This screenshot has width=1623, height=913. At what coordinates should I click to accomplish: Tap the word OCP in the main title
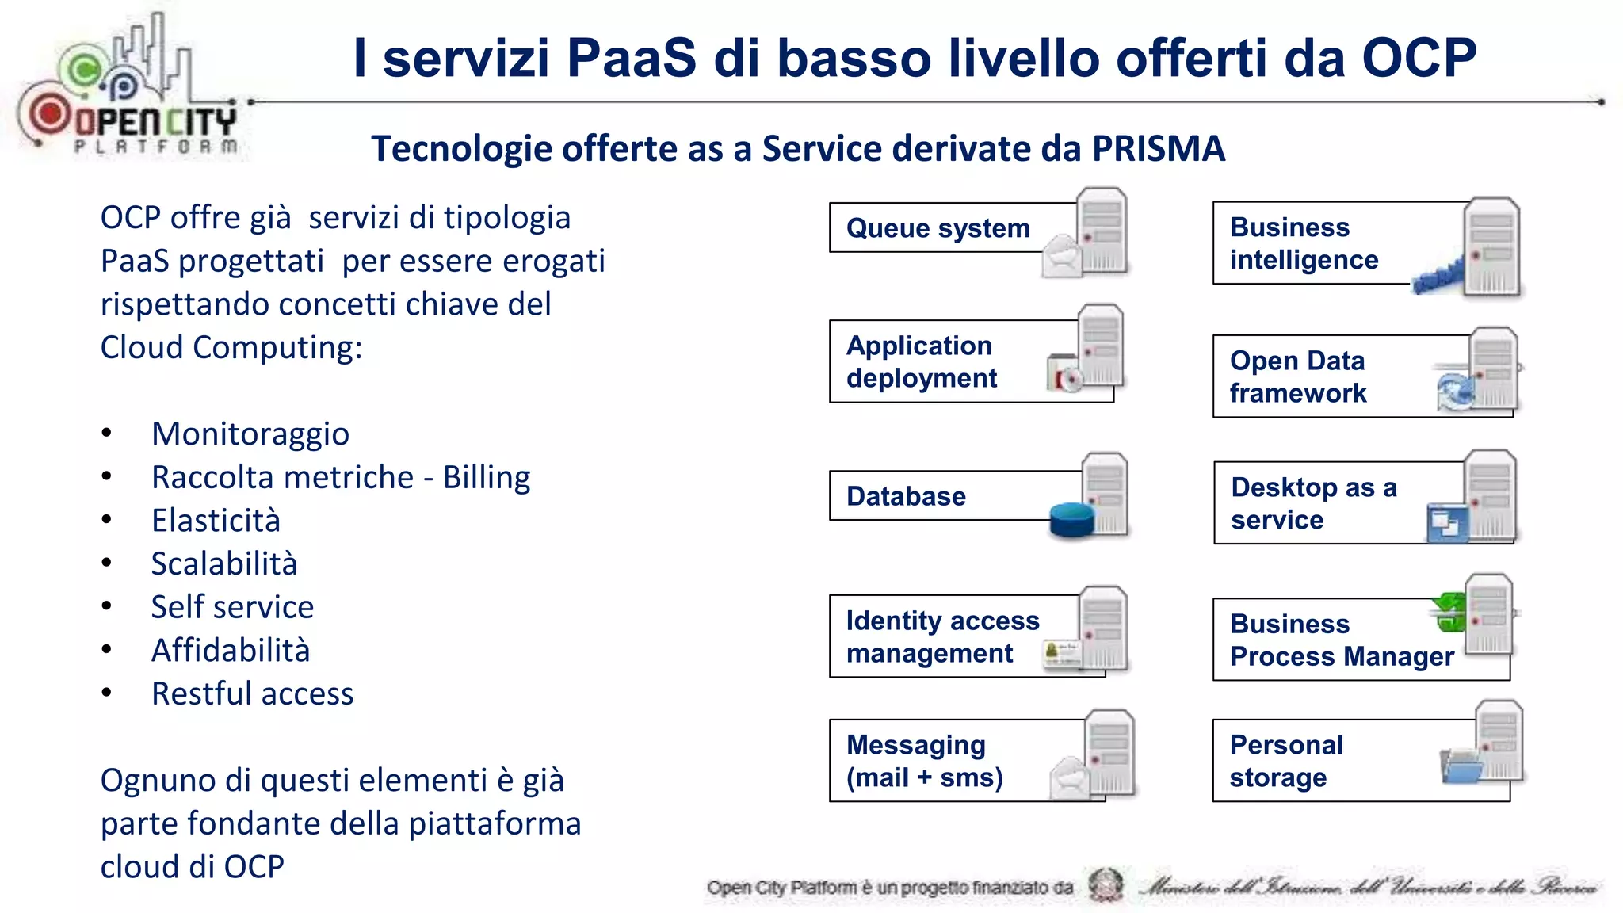click(x=1418, y=59)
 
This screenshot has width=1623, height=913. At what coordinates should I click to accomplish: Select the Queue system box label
click(x=938, y=228)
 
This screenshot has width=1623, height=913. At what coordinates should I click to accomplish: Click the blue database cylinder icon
click(x=1071, y=520)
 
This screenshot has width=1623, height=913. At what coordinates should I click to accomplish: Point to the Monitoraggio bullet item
click(x=250, y=434)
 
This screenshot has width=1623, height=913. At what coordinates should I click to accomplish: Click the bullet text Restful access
click(x=252, y=693)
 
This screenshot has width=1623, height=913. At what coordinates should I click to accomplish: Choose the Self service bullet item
click(x=232, y=607)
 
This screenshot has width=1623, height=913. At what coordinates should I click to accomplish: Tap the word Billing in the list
click(x=486, y=477)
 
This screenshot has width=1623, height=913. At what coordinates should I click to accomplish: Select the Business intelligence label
click(x=1304, y=243)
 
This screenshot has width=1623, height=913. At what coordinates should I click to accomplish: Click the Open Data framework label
click(x=1297, y=376)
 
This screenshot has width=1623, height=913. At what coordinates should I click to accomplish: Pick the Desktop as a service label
click(x=1313, y=503)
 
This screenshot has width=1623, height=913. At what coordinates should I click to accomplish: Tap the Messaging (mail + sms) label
click(x=924, y=761)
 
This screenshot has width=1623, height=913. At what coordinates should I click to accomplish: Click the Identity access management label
click(x=941, y=636)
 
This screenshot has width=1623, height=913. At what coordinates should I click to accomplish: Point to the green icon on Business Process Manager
click(x=1449, y=613)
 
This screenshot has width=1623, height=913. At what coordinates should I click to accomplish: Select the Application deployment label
click(x=921, y=361)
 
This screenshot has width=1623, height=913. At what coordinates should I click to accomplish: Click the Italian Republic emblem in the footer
click(x=1105, y=885)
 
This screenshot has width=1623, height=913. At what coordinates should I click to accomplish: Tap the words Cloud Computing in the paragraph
click(x=231, y=347)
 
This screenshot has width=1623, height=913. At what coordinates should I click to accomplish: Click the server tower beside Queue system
click(x=1102, y=231)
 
